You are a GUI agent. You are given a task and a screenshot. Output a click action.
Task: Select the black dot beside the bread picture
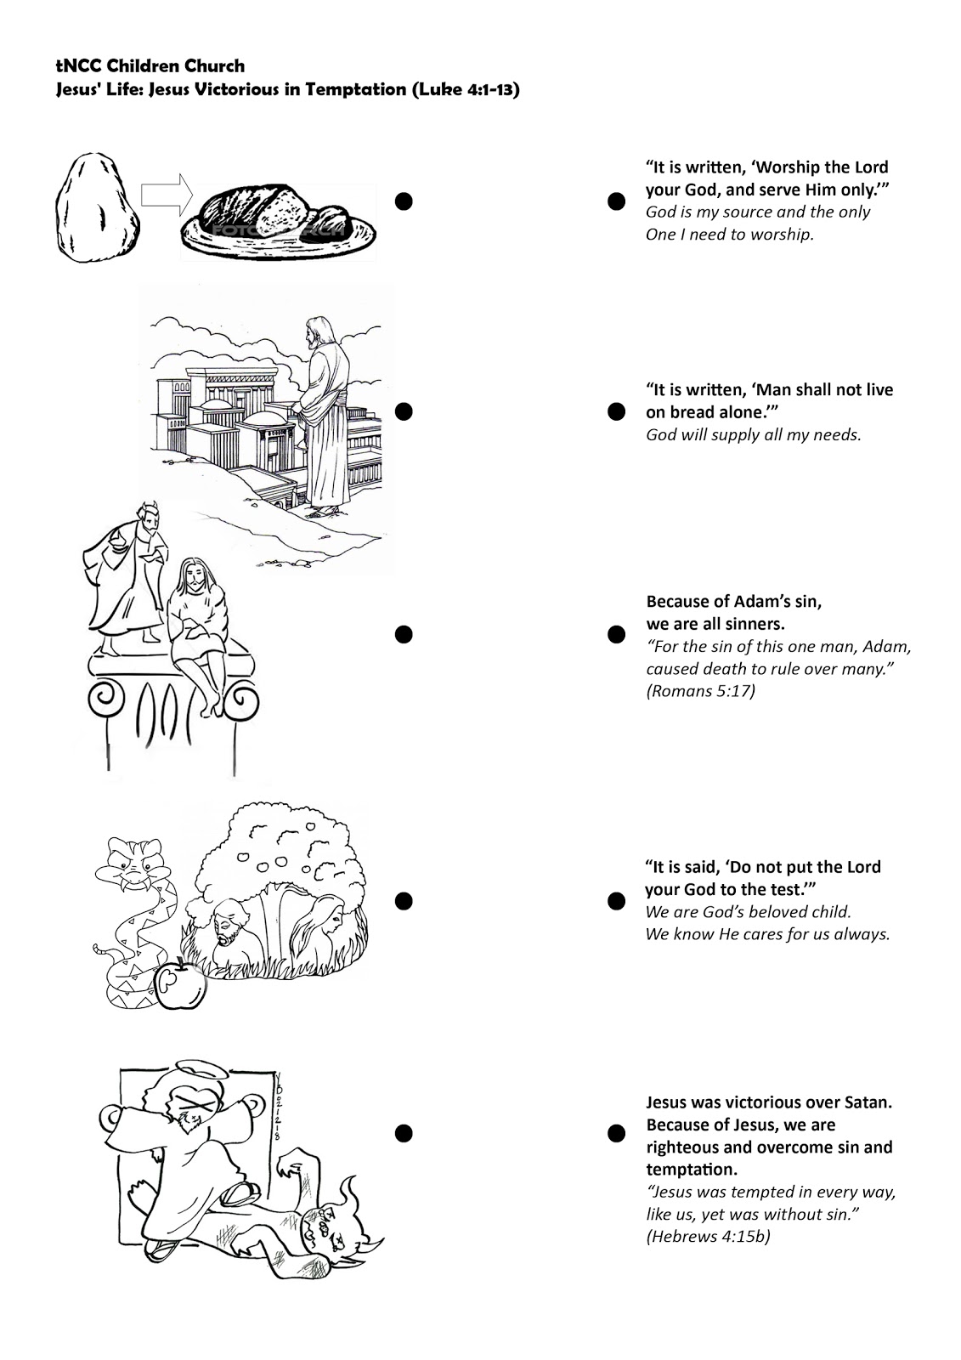point(404,200)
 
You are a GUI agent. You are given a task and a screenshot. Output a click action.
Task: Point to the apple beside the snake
point(183,984)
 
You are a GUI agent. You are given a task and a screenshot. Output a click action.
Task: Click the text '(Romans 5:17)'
point(701,690)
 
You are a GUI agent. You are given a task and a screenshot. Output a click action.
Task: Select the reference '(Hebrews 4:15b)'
point(708,1236)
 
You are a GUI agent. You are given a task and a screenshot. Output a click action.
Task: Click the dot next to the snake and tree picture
point(404,900)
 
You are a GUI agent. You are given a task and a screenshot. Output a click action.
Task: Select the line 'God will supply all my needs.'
point(754,435)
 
